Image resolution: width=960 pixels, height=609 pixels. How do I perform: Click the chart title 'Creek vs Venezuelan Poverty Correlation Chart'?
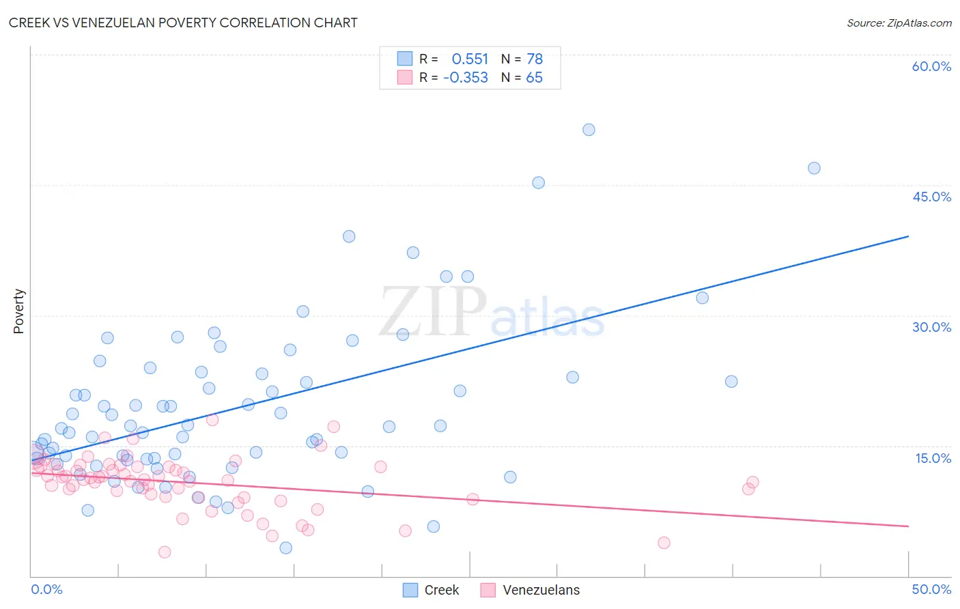click(183, 23)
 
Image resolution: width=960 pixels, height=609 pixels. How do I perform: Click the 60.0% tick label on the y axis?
click(931, 66)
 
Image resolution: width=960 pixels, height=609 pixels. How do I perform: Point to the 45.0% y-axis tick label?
click(931, 197)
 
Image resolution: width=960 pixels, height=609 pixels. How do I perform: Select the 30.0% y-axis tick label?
click(931, 327)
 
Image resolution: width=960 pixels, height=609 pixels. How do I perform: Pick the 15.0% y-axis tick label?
click(933, 458)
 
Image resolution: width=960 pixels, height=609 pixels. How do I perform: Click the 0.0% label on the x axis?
click(46, 589)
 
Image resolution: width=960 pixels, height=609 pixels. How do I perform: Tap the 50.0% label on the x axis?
click(931, 589)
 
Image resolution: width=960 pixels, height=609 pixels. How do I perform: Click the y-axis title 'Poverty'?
click(18, 311)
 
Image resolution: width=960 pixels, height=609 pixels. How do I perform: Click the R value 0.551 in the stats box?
click(470, 59)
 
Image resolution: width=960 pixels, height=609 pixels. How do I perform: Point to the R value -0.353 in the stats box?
click(466, 78)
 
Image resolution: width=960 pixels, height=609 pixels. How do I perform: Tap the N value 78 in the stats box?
click(535, 59)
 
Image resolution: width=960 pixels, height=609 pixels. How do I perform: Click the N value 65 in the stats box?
click(534, 78)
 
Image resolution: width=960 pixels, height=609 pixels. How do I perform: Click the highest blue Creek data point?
click(589, 130)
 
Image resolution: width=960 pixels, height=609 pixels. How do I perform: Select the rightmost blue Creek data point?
click(814, 168)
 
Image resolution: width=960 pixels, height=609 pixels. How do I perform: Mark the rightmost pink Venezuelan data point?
click(752, 482)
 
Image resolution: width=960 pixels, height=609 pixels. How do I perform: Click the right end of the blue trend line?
click(908, 236)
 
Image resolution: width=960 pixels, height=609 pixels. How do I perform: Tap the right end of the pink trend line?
click(908, 526)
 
